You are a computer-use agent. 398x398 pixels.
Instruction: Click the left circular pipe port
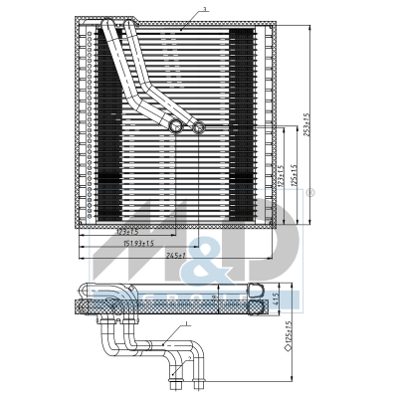click(x=177, y=125)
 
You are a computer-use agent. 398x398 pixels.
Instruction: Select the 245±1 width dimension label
click(x=177, y=256)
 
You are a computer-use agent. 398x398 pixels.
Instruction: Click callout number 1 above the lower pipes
click(x=185, y=324)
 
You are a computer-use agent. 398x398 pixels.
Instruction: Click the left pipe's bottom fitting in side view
click(x=176, y=376)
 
